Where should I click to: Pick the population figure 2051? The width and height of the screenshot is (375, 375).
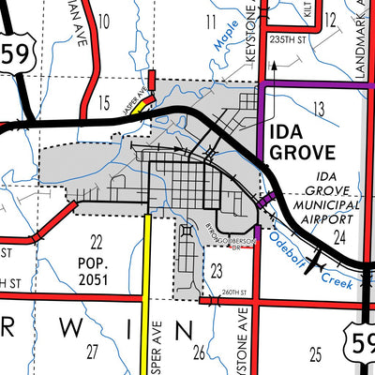95,280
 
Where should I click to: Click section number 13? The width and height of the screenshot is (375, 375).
320,111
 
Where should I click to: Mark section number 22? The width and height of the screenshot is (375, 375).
96,242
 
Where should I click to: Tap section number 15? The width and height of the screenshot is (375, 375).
105,101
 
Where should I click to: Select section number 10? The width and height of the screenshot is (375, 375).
104,20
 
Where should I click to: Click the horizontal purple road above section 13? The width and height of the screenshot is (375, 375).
309,84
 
